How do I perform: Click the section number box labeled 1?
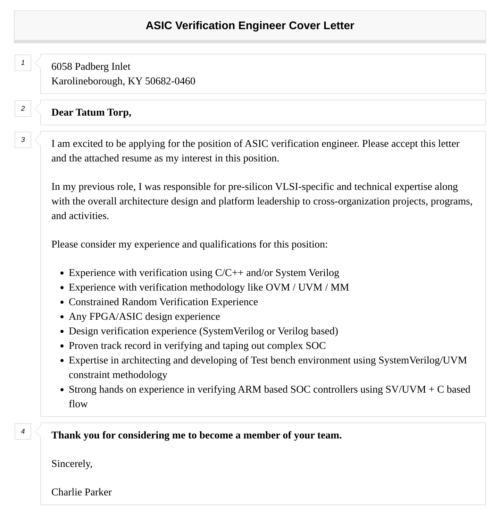click(x=23, y=63)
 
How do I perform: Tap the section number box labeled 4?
click(x=23, y=432)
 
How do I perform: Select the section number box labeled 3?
click(x=23, y=140)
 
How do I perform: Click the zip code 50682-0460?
click(x=170, y=81)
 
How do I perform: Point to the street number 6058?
click(x=62, y=67)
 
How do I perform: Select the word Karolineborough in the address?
click(x=87, y=81)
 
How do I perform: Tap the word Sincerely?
click(x=72, y=464)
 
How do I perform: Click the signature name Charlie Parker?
click(x=82, y=492)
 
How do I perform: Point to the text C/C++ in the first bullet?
click(x=229, y=273)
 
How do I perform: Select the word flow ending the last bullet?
click(x=78, y=404)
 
